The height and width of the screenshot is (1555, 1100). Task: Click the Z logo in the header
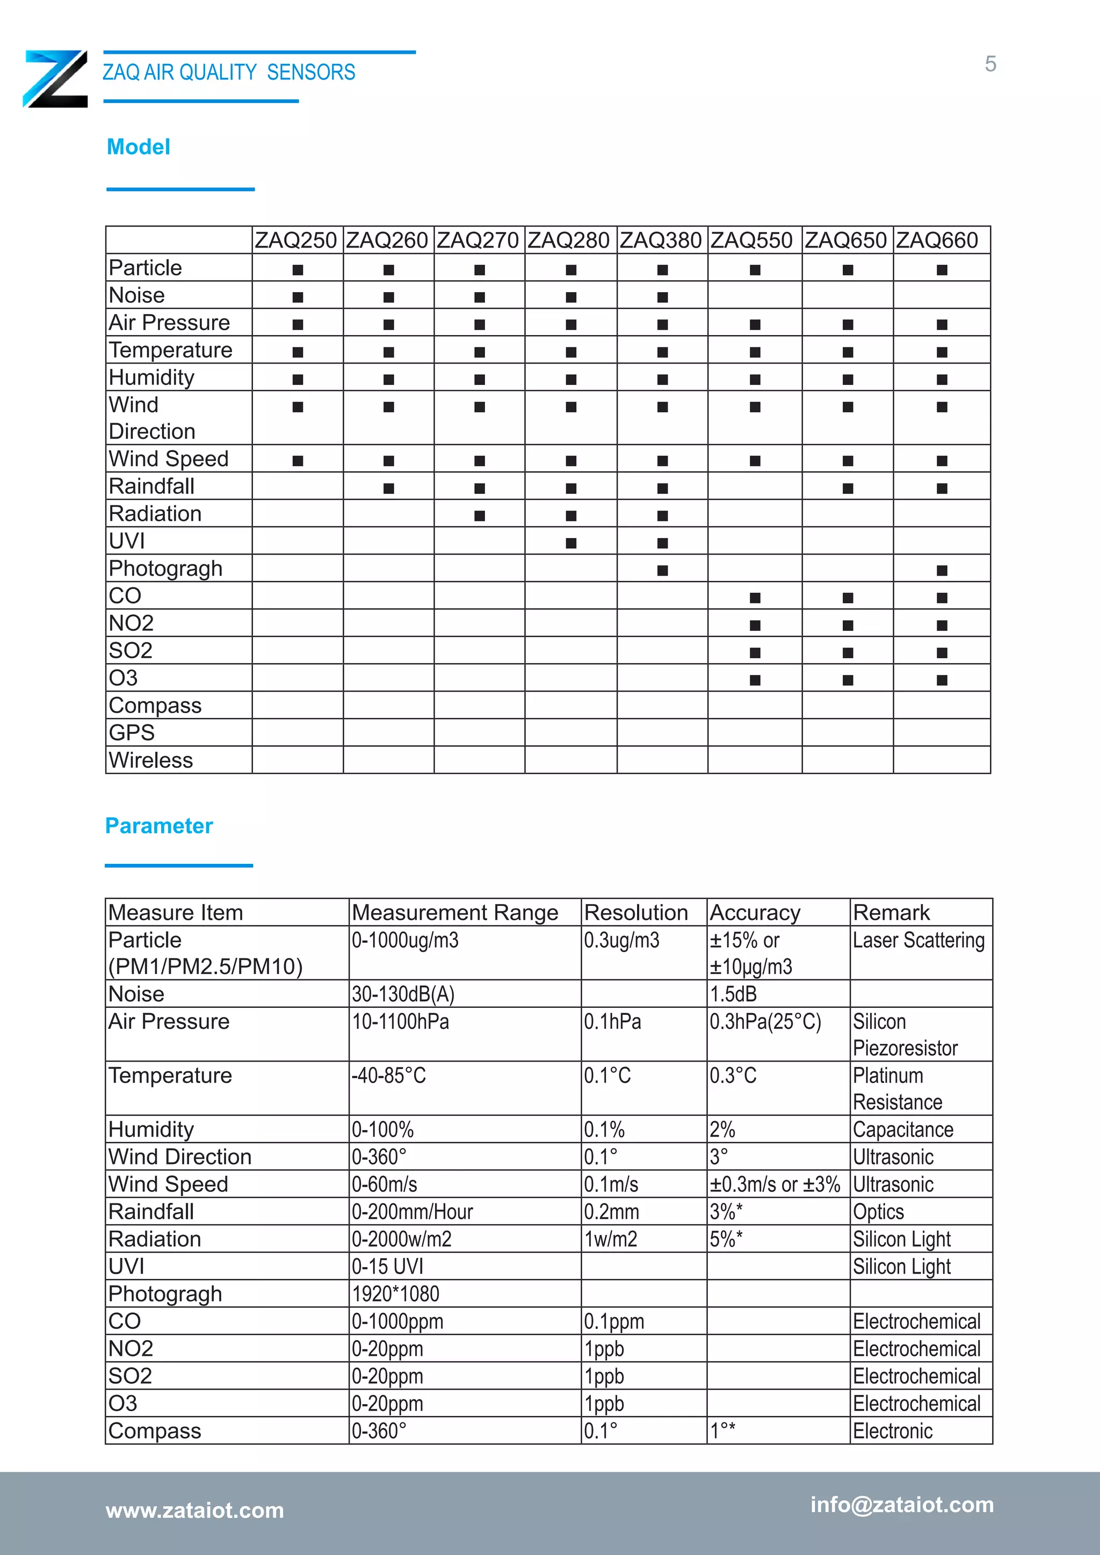[55, 78]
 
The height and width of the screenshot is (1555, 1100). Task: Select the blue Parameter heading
[158, 826]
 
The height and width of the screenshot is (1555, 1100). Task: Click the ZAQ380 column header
[661, 241]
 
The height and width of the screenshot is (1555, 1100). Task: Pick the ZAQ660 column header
[937, 241]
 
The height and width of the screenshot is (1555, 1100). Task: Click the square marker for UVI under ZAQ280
[571, 543]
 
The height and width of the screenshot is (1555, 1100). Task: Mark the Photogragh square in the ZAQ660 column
[942, 571]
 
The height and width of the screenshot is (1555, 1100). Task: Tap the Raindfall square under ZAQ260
[389, 488]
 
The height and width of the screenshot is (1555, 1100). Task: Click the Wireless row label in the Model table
[150, 760]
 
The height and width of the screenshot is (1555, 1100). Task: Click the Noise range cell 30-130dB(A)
[403, 994]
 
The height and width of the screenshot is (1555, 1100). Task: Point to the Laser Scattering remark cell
[918, 940]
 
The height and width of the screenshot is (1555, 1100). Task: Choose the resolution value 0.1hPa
[612, 1021]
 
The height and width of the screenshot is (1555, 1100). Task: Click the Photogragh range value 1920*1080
[395, 1294]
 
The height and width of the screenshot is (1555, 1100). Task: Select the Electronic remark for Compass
[892, 1430]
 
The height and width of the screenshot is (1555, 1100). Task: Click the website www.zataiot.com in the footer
[194, 1510]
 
